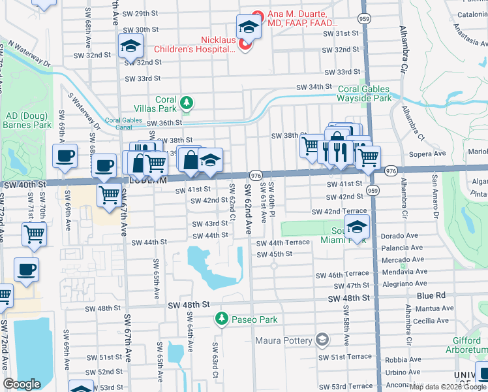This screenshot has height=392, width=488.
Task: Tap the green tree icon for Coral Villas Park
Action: tap(187, 102)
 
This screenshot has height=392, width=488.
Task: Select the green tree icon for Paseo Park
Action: tap(221, 319)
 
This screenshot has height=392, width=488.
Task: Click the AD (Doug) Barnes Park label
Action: tap(27, 120)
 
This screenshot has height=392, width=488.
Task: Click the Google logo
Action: tap(22, 384)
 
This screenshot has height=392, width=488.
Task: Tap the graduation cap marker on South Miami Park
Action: tap(358, 227)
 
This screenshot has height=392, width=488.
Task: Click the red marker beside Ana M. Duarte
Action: tap(258, 14)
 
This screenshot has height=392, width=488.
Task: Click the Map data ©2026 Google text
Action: tap(448, 387)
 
